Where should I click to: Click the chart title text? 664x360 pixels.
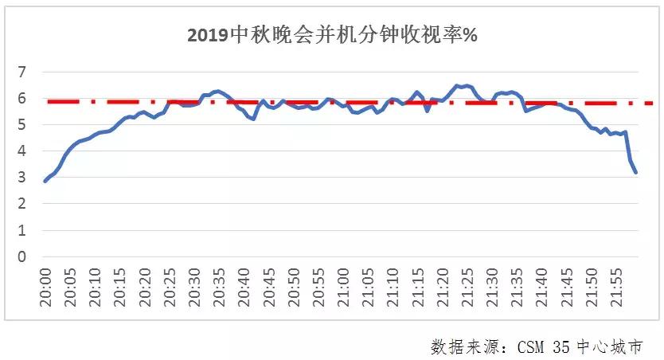(x=331, y=36)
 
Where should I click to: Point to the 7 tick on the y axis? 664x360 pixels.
(x=22, y=72)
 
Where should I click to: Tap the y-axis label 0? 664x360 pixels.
(x=22, y=256)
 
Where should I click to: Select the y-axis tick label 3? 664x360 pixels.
(x=22, y=178)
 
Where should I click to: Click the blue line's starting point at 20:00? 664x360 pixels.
(x=45, y=182)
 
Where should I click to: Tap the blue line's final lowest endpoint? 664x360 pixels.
(x=635, y=172)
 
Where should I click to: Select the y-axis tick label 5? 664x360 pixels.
(x=22, y=125)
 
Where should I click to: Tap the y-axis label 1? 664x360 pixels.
(x=22, y=230)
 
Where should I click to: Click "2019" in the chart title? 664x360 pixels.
(x=207, y=36)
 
